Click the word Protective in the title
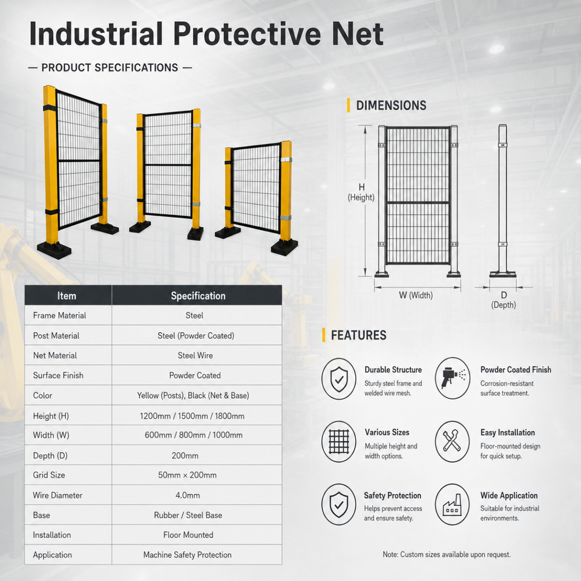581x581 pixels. (247, 34)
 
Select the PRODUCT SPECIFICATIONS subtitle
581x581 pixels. (110, 68)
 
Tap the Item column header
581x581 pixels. (67, 296)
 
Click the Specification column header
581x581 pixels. (198, 296)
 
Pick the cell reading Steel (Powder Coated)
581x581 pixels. (195, 336)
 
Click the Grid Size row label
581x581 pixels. (49, 475)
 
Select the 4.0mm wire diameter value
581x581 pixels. (188, 495)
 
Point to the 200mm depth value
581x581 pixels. (185, 455)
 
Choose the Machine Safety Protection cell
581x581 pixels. (187, 555)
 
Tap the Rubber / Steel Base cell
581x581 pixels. (188, 515)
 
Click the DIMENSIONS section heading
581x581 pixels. (391, 105)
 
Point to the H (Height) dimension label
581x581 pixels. (361, 192)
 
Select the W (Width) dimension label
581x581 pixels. (415, 295)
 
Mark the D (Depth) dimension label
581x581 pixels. (503, 300)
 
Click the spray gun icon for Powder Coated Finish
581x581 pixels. (452, 378)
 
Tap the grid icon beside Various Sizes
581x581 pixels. (339, 441)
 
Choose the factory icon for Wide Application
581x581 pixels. (452, 504)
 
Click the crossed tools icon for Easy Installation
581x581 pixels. (452, 441)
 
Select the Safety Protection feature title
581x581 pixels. (392, 496)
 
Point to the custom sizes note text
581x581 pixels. (447, 554)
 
